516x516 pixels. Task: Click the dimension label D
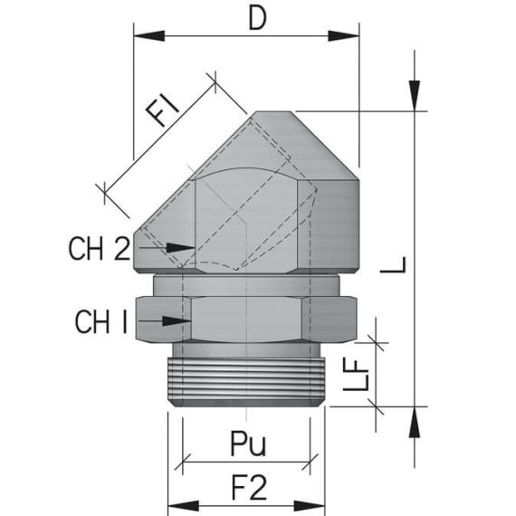[x=257, y=19]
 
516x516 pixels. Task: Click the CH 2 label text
[x=100, y=248]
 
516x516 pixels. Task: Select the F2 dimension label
[x=247, y=488]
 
